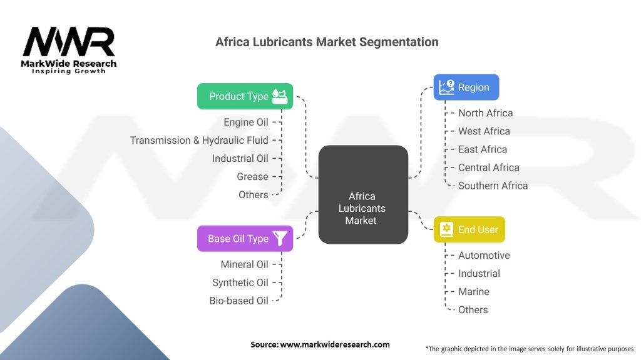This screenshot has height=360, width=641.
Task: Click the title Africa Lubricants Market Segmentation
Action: (327, 42)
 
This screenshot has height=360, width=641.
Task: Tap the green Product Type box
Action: (245, 96)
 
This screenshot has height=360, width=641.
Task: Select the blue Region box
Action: (466, 87)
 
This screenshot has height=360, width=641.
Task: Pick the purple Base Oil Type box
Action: (245, 239)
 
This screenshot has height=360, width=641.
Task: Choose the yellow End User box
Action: (469, 229)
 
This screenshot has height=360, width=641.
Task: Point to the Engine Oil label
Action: (245, 122)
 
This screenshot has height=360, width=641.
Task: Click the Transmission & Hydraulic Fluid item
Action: (199, 140)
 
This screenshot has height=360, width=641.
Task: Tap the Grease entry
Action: (252, 176)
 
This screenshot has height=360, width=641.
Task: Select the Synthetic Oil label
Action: (240, 282)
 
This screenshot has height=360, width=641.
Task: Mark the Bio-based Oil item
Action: (238, 301)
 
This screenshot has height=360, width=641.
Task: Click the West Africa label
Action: (484, 131)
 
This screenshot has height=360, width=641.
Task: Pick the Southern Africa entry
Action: (493, 186)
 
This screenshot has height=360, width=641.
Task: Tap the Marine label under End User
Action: (474, 291)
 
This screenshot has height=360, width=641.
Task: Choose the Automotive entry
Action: (484, 255)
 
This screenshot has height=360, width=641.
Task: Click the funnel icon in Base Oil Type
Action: (280, 238)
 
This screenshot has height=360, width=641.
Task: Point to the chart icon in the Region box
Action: (446, 87)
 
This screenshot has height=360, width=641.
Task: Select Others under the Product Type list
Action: (253, 194)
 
